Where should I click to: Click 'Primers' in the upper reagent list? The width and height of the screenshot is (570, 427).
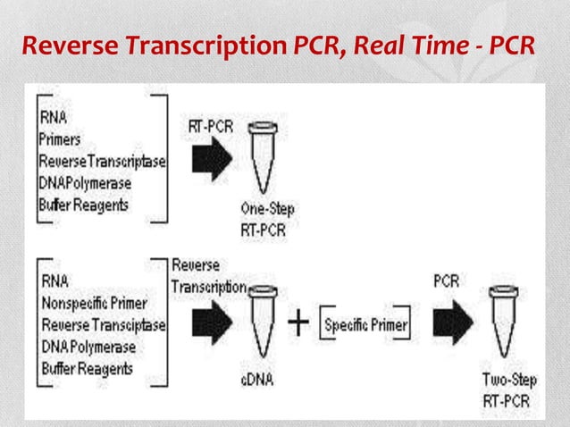(59, 138)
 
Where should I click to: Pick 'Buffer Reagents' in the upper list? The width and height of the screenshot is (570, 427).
(83, 204)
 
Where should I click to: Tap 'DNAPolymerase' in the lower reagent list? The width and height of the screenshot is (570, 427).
(86, 347)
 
